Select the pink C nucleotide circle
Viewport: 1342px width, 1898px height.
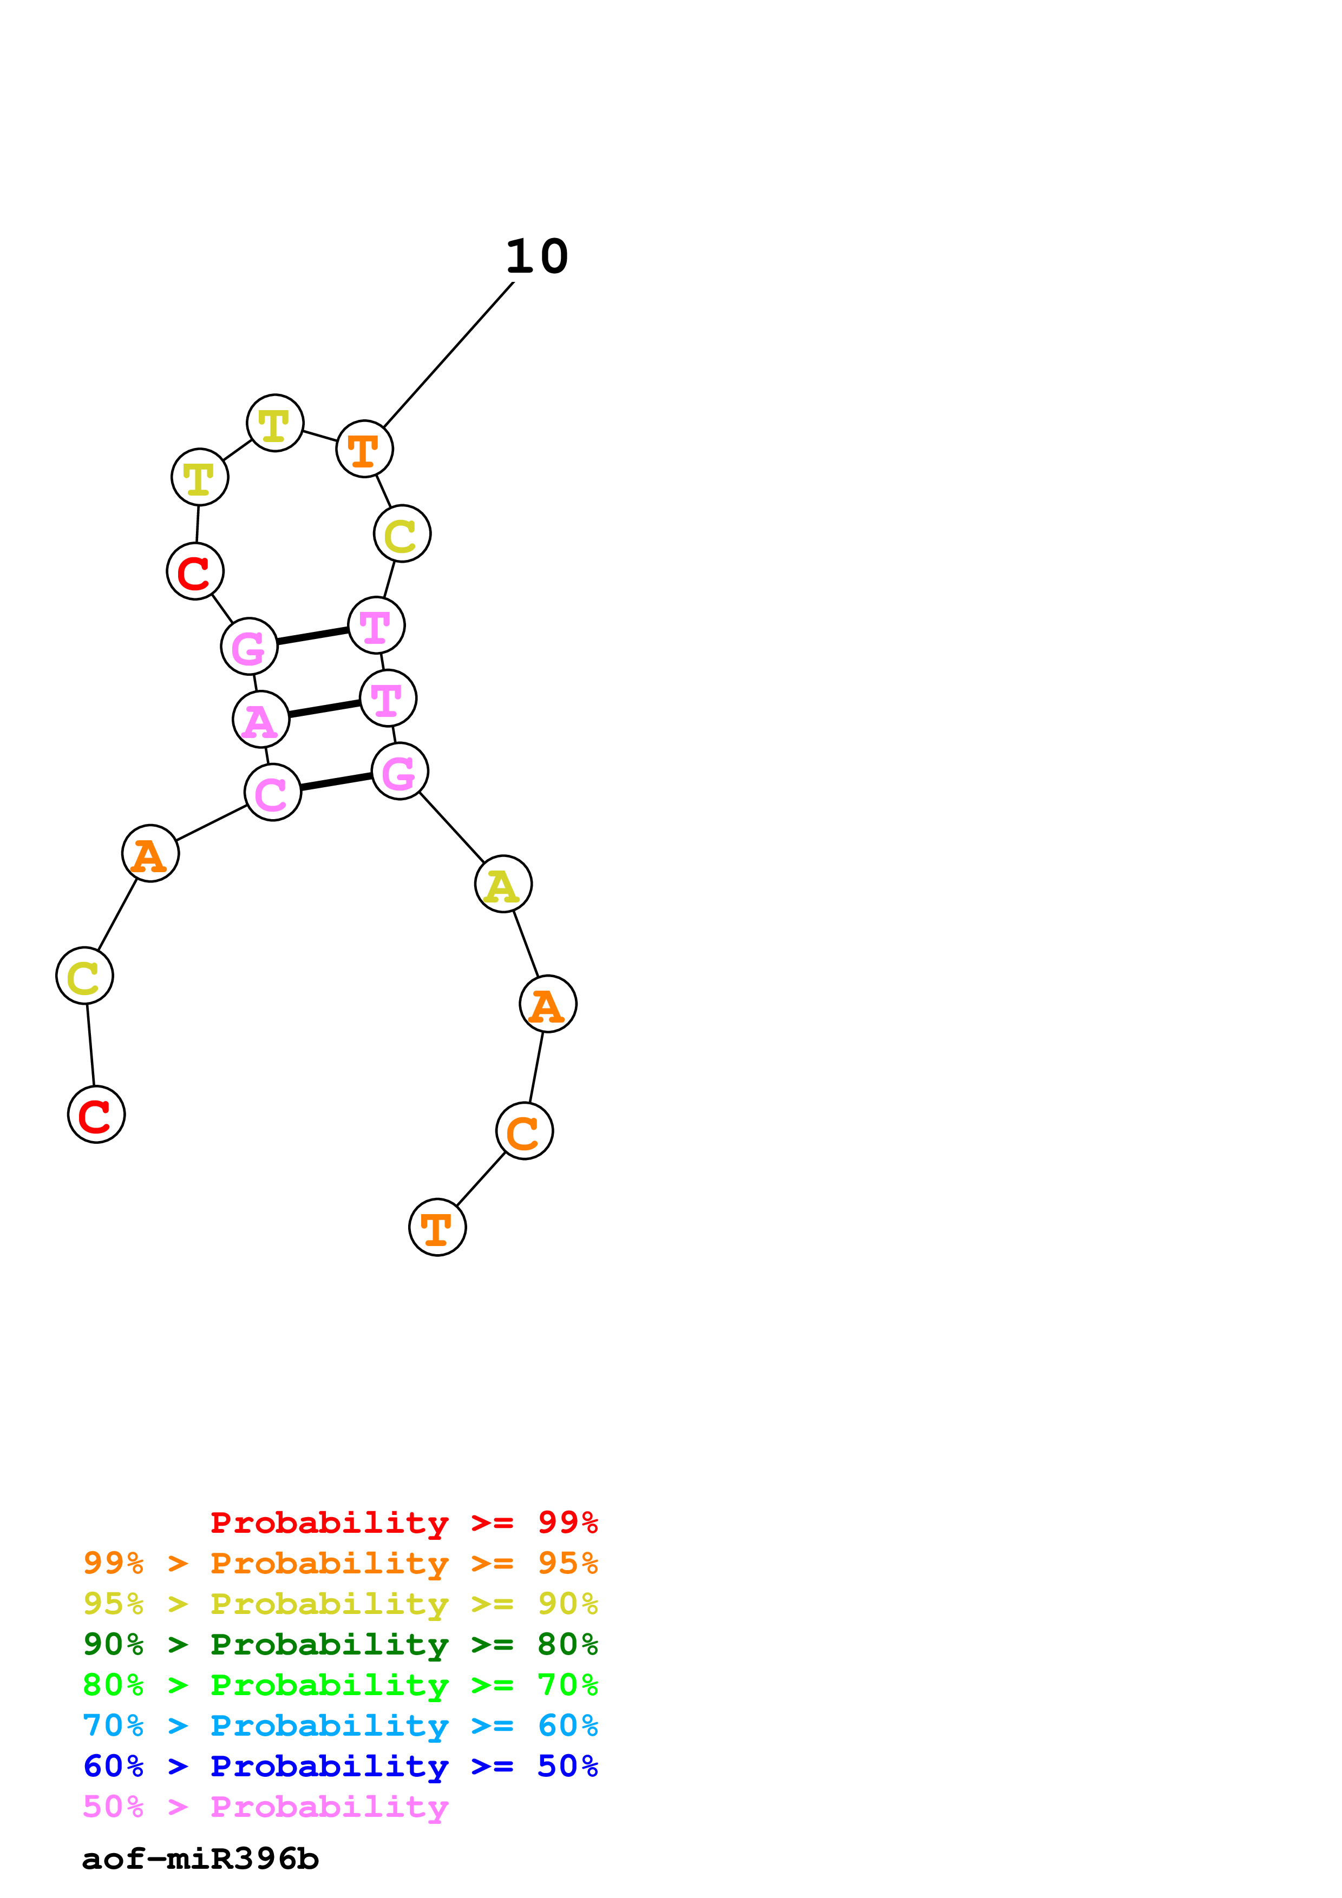tap(273, 792)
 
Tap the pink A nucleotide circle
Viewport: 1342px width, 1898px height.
tap(261, 719)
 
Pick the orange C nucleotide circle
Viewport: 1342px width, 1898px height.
tap(524, 1131)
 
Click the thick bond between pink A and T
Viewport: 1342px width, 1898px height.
tap(324, 708)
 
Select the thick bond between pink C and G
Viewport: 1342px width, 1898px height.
tap(336, 781)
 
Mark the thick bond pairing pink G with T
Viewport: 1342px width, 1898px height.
tap(312, 636)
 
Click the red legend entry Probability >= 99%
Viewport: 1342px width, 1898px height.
tap(403, 1522)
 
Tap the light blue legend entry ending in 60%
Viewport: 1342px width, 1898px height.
tap(341, 1725)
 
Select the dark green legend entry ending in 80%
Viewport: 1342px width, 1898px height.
tap(341, 1644)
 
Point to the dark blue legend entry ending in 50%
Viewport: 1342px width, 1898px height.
tap(341, 1766)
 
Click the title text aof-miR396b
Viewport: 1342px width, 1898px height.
tap(200, 1859)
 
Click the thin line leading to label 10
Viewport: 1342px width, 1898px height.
tap(448, 355)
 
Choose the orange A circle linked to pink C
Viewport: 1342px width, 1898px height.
tap(150, 853)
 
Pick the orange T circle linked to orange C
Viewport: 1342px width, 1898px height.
tap(437, 1227)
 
